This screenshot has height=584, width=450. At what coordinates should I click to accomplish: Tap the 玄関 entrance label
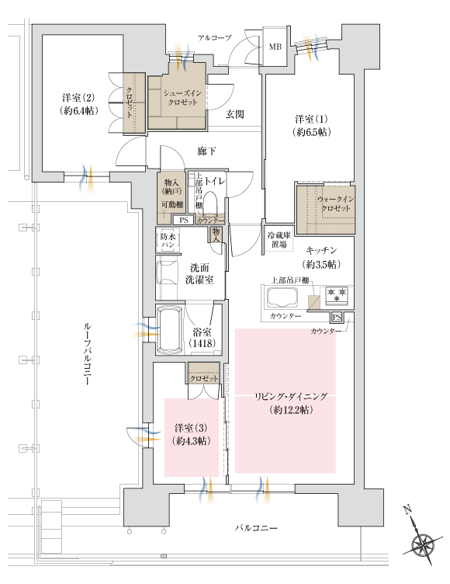click(235, 114)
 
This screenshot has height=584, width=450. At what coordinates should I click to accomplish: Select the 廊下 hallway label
click(206, 151)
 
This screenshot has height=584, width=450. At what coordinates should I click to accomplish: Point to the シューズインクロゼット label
click(183, 99)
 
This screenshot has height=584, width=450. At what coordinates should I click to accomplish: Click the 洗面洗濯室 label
click(199, 273)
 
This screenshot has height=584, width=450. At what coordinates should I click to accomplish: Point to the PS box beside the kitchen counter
click(337, 317)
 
